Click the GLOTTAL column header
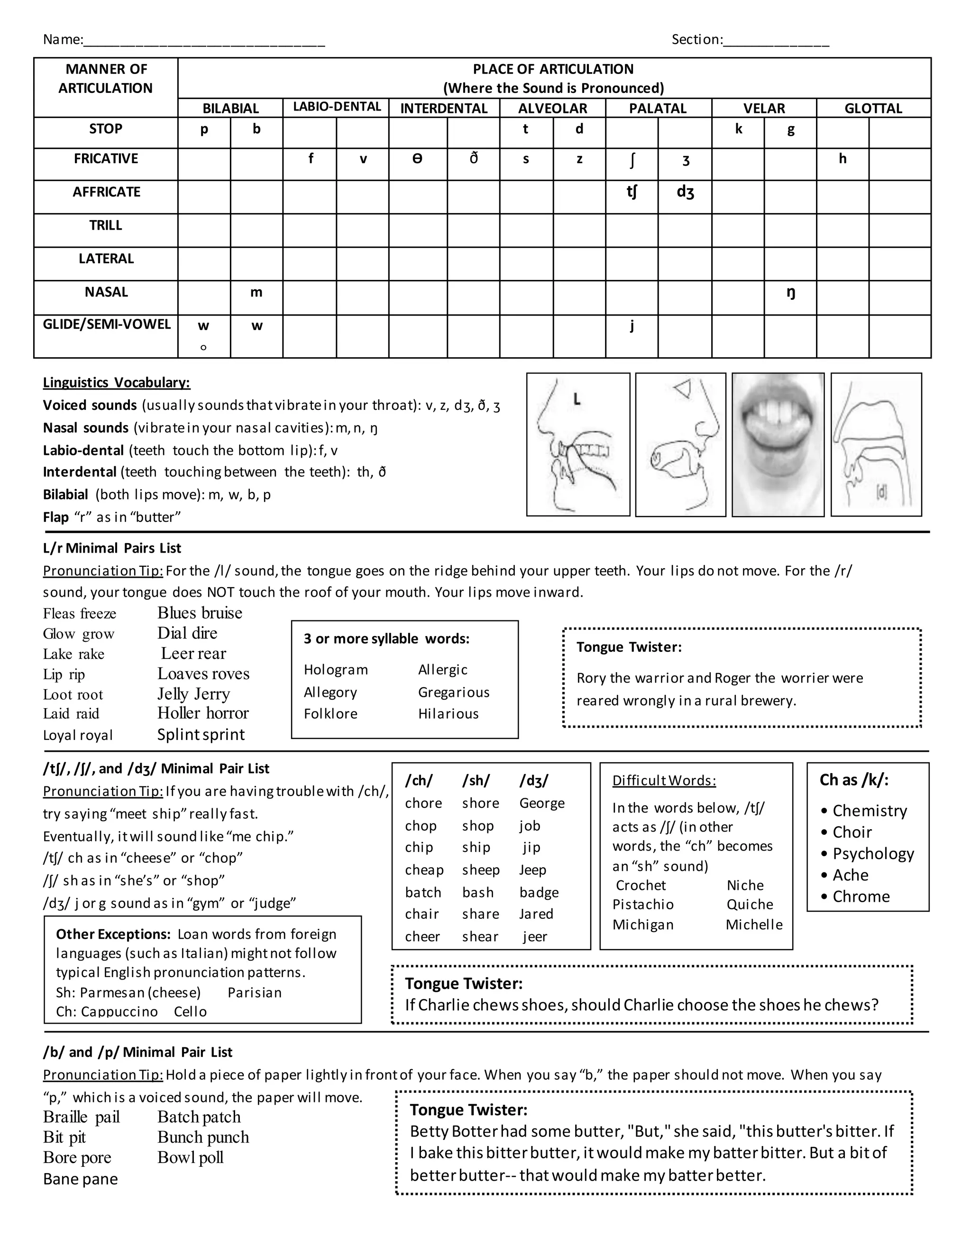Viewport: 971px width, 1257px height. pos(873,108)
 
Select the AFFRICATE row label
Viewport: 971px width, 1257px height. pos(106,192)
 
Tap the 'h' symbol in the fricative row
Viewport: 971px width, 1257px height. pos(842,159)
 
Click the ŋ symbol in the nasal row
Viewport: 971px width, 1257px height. pos(790,293)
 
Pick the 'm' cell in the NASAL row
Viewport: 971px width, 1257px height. pos(256,292)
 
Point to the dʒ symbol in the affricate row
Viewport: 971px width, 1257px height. pos(685,192)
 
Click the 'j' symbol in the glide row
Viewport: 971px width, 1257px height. pos(632,326)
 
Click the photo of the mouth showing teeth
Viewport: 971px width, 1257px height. pos(778,444)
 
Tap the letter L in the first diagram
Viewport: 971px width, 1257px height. pos(577,399)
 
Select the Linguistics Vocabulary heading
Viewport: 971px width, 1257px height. pos(116,383)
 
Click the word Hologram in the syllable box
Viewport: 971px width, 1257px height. pos(336,670)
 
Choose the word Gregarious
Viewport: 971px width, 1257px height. pos(453,693)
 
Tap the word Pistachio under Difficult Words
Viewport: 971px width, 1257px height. pos(642,904)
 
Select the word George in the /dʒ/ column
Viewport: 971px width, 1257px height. pos(542,803)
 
